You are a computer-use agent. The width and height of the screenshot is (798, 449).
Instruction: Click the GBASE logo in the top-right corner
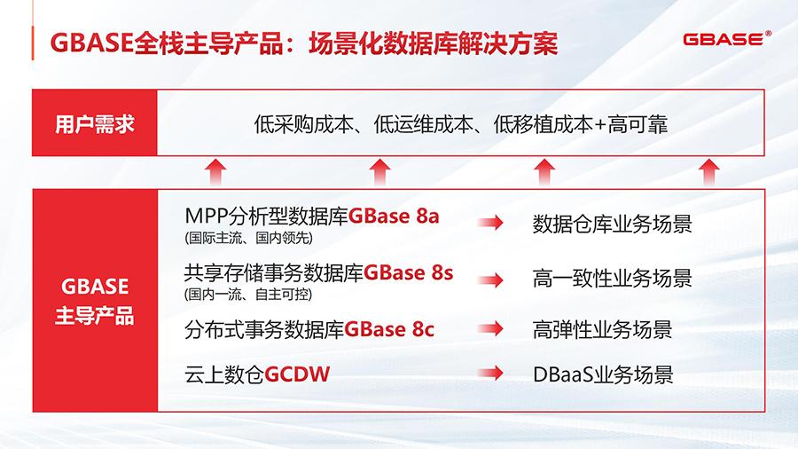click(x=727, y=41)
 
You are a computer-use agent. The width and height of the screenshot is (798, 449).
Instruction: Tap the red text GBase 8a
click(x=394, y=217)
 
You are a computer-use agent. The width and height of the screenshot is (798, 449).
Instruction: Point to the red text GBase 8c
click(x=389, y=330)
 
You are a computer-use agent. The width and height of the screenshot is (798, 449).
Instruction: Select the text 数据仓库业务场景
click(x=612, y=224)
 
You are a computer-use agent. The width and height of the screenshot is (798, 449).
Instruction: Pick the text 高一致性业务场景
click(x=612, y=279)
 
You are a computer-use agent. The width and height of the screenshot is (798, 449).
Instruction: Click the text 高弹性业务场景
click(x=602, y=330)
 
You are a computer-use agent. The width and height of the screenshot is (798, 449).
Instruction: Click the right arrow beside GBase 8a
click(x=492, y=224)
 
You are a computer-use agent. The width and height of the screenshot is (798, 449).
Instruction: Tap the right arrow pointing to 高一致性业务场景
click(x=492, y=279)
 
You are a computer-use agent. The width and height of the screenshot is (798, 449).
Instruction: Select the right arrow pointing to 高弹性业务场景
click(x=492, y=330)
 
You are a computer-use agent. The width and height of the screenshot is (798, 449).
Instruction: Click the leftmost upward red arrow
click(x=214, y=171)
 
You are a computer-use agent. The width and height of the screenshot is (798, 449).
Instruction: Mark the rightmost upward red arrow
click(x=708, y=171)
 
